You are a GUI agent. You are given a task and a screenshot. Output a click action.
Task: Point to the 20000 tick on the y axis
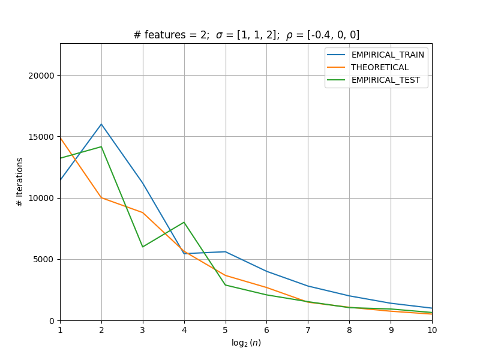pyautogui.click(x=41, y=76)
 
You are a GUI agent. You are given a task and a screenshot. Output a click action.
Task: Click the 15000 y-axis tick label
pyautogui.click(x=41, y=137)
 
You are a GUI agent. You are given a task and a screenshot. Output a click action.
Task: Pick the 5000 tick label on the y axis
pyautogui.click(x=43, y=260)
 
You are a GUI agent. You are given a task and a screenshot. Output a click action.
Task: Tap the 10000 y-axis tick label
pyautogui.click(x=41, y=198)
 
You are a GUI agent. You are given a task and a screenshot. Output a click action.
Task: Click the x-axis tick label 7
pyautogui.click(x=308, y=330)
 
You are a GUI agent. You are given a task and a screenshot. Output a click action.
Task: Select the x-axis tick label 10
pyautogui.click(x=432, y=330)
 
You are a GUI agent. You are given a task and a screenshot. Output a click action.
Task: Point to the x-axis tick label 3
pyautogui.click(x=143, y=330)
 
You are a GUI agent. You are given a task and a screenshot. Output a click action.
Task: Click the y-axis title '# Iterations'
pyautogui.click(x=20, y=182)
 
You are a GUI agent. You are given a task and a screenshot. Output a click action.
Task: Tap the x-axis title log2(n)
pyautogui.click(x=246, y=343)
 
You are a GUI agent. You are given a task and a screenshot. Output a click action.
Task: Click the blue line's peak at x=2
pyautogui.click(x=101, y=124)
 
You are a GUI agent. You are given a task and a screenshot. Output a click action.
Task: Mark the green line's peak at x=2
pyautogui.click(x=101, y=147)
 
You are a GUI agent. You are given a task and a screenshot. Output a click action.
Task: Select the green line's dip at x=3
pyautogui.click(x=143, y=247)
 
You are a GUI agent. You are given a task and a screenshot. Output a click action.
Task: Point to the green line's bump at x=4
pyautogui.click(x=184, y=222)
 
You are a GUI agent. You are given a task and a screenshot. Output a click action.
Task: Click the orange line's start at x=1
pyautogui.click(x=61, y=138)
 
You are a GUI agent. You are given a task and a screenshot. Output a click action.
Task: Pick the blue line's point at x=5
pyautogui.click(x=226, y=251)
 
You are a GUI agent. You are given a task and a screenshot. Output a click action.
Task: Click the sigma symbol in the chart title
pyautogui.click(x=219, y=35)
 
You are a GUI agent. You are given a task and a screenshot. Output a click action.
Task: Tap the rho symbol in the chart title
pyautogui.click(x=289, y=36)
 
